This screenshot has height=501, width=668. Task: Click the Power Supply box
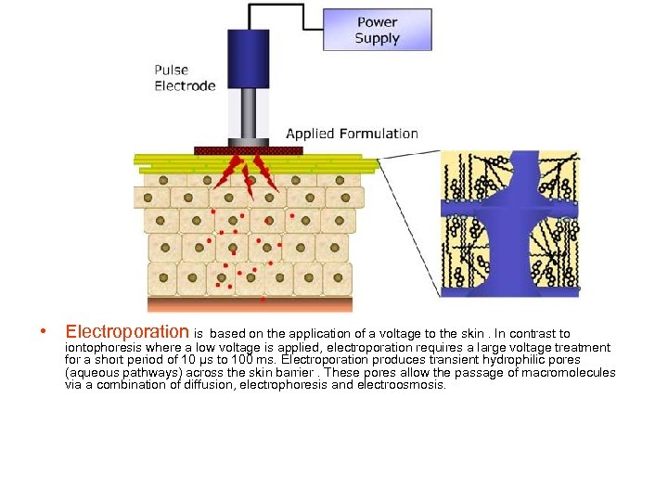pyautogui.click(x=377, y=30)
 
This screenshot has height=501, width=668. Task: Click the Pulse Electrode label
pyautogui.click(x=185, y=78)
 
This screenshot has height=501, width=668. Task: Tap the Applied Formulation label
pyautogui.click(x=352, y=134)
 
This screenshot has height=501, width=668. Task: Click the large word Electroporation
pyautogui.click(x=127, y=332)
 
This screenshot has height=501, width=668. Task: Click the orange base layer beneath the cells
pyautogui.click(x=250, y=303)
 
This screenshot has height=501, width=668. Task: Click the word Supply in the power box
pyautogui.click(x=377, y=39)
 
